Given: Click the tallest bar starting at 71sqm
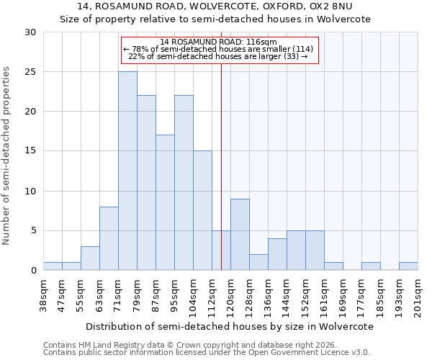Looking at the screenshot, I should pyautogui.click(x=127, y=171).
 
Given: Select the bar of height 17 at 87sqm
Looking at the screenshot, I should pyautogui.click(x=165, y=202).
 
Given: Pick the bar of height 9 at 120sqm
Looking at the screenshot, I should pyautogui.click(x=240, y=234).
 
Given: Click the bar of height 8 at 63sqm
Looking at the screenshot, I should pyautogui.click(x=109, y=238).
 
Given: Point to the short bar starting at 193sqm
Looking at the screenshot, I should pyautogui.click(x=408, y=266).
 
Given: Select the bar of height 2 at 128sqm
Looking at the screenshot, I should pyautogui.click(x=258, y=262).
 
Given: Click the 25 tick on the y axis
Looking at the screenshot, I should pyautogui.click(x=30, y=72).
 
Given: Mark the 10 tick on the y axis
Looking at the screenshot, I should pyautogui.click(x=30, y=191).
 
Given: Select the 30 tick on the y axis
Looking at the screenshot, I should pyautogui.click(x=30, y=32).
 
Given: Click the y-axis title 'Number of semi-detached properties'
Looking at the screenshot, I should pyautogui.click(x=6, y=156).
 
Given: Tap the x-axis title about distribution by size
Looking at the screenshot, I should pyautogui.click(x=229, y=326).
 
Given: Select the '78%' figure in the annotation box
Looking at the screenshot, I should pyautogui.click(x=140, y=49).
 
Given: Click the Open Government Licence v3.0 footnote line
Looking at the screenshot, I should pyautogui.click(x=207, y=352).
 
